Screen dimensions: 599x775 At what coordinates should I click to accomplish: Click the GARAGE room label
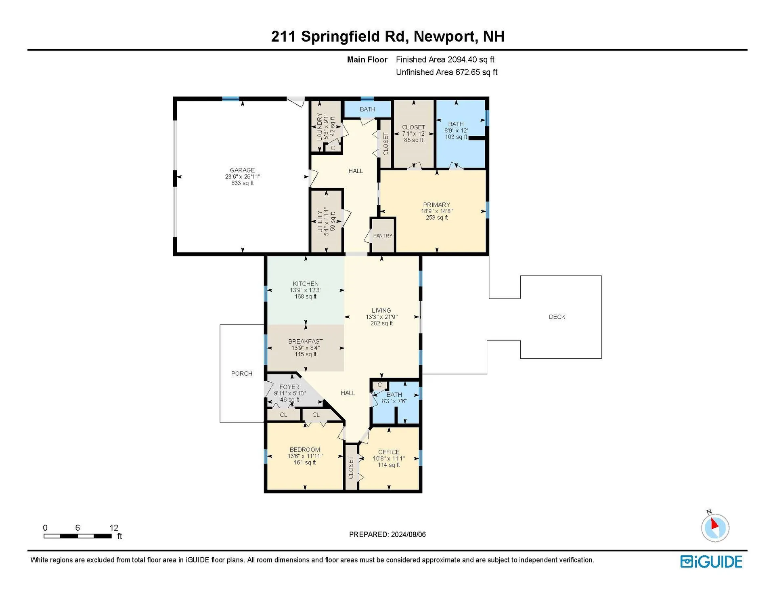(x=242, y=170)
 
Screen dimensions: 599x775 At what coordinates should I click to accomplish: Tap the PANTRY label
(x=382, y=235)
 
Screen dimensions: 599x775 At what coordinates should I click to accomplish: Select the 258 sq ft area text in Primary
(x=436, y=218)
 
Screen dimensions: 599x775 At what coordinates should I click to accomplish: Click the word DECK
(x=557, y=317)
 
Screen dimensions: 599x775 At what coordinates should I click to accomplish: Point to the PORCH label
(x=241, y=374)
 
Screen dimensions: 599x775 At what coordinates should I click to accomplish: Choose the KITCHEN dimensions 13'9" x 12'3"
(x=306, y=290)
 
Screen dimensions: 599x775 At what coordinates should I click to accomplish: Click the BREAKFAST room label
(x=305, y=341)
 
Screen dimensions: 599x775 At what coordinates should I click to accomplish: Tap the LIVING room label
(x=381, y=310)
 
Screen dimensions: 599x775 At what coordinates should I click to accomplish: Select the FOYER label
(x=289, y=387)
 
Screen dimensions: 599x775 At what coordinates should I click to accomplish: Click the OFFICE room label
(x=389, y=452)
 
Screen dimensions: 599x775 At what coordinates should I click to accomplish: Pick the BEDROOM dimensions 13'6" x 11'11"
(x=305, y=456)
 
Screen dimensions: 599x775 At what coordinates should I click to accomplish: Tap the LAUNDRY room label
(x=319, y=127)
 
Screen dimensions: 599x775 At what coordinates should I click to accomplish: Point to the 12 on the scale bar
(x=114, y=528)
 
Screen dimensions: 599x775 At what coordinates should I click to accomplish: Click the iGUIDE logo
(x=711, y=562)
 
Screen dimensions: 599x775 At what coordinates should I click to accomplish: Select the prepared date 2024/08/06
(x=408, y=534)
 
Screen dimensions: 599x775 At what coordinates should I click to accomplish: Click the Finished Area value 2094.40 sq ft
(x=471, y=60)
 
